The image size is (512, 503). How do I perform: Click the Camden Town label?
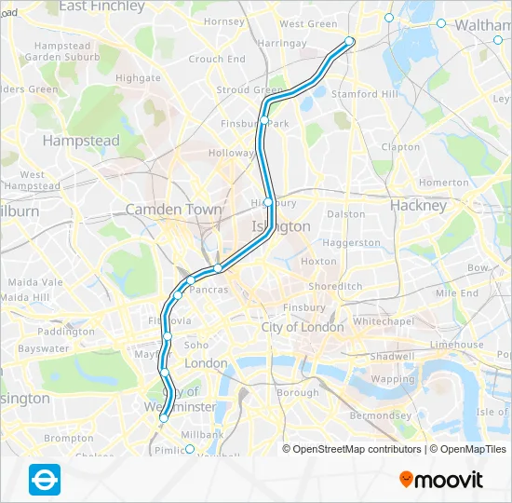click(x=174, y=210)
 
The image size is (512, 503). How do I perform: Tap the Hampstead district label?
click(x=81, y=141)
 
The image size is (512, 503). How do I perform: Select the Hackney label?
click(x=418, y=206)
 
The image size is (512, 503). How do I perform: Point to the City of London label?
click(x=303, y=327)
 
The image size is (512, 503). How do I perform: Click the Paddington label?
click(x=66, y=332)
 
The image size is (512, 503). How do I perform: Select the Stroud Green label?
click(x=249, y=90)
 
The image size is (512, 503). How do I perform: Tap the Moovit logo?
click(x=441, y=480)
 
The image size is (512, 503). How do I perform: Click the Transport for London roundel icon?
click(x=45, y=477)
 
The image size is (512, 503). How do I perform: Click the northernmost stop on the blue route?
click(x=350, y=41)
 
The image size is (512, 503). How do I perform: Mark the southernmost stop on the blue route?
click(x=164, y=418)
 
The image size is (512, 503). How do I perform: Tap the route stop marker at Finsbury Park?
click(x=264, y=121)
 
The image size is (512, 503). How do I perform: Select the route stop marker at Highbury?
click(x=268, y=202)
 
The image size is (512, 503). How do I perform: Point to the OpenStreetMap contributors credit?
click(x=355, y=449)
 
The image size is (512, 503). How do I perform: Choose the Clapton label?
click(x=400, y=147)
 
